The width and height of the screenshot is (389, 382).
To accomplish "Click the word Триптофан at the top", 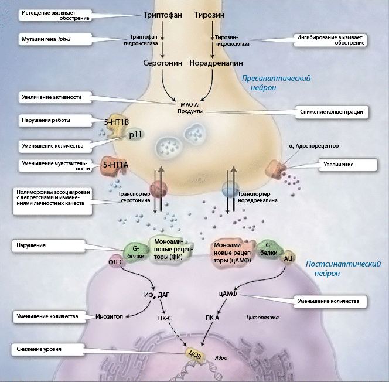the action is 163,15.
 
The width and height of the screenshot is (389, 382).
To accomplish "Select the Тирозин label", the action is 210,15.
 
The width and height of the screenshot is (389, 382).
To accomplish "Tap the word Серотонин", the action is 163,63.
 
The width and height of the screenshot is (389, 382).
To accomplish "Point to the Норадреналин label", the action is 216,63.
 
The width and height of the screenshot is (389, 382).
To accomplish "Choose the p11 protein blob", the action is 135,134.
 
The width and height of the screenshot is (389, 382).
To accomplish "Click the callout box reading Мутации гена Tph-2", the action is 55,39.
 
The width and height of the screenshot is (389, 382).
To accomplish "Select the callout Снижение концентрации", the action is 332,112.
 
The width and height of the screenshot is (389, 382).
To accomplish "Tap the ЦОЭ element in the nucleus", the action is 195,355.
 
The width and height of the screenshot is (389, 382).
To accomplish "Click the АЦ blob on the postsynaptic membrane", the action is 288,259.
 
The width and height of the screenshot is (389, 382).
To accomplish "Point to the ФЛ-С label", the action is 115,262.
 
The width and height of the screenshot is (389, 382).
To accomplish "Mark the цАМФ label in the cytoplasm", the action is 228,294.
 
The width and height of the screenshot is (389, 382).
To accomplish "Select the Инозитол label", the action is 109,316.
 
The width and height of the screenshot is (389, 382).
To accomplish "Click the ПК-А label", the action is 212,318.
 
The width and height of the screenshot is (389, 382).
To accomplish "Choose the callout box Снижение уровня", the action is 47,350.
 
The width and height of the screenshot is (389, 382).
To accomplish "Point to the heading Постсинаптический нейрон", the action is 343,268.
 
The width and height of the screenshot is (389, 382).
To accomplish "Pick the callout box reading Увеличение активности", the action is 55,97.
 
